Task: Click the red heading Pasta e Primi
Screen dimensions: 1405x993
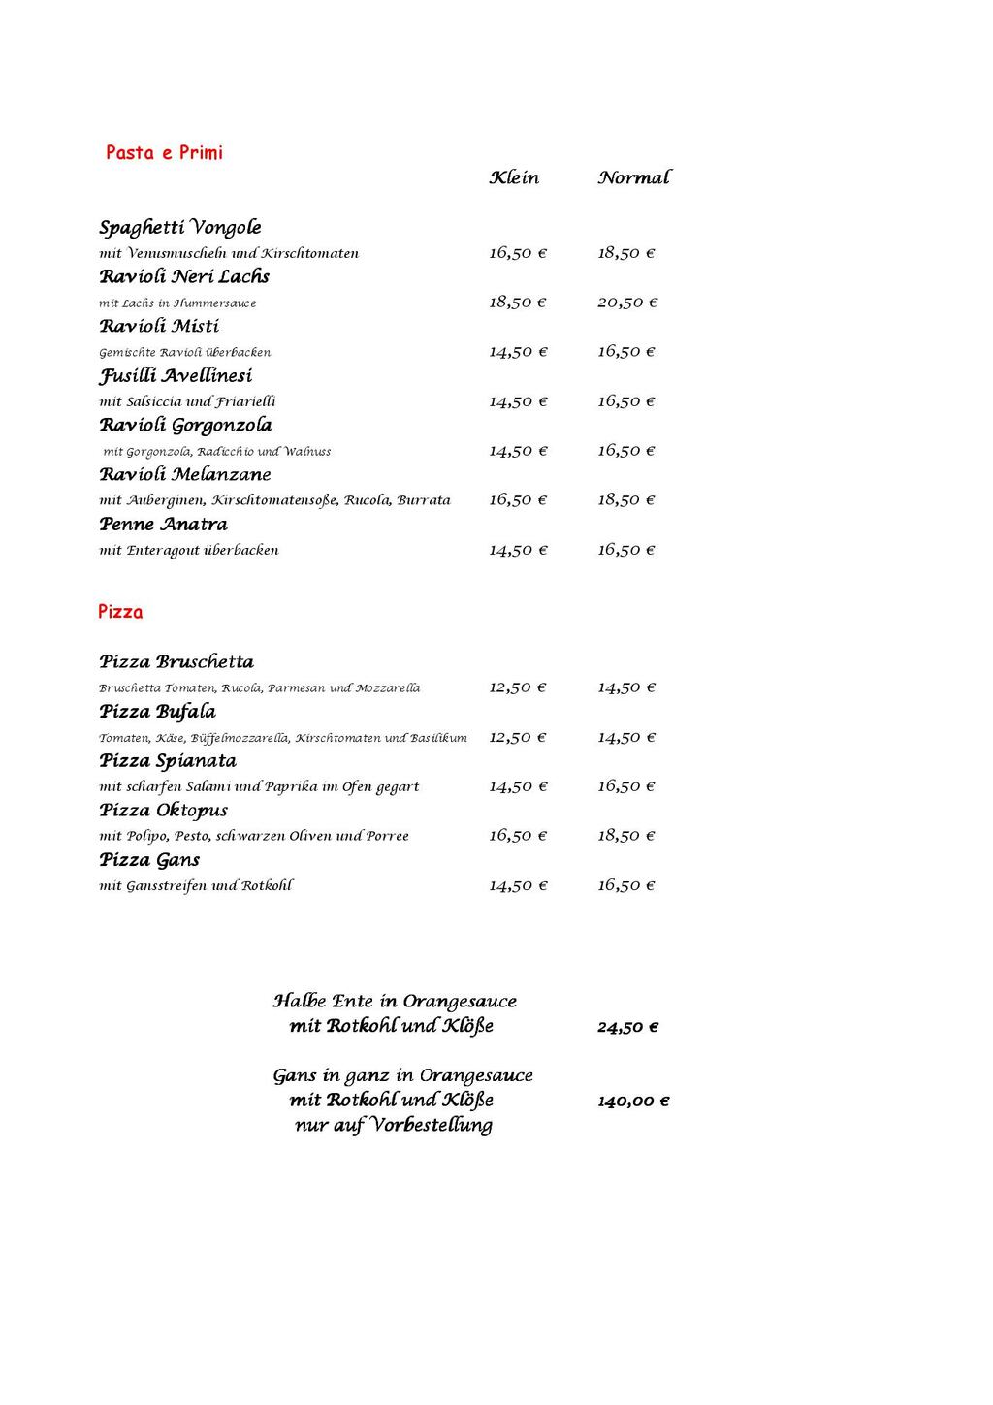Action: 164,152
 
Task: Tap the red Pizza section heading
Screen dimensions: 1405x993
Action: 120,612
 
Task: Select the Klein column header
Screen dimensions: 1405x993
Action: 514,177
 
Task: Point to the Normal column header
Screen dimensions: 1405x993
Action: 633,177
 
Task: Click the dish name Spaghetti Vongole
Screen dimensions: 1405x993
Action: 180,228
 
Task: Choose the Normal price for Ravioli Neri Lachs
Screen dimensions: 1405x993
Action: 627,303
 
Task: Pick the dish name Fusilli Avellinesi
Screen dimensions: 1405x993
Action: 176,376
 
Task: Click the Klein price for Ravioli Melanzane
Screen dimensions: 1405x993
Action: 518,500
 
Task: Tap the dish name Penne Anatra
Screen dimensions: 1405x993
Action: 163,525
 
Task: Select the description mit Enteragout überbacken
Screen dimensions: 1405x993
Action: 189,550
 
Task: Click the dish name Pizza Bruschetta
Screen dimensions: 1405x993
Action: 176,662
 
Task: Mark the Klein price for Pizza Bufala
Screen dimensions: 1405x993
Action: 518,738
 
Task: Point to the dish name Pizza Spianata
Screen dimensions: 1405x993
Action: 168,761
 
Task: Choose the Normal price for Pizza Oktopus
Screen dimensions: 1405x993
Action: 626,836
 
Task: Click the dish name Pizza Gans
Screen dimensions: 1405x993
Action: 149,860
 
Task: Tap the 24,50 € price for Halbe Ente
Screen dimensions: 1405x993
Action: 627,1027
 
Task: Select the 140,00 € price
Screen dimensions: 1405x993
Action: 633,1102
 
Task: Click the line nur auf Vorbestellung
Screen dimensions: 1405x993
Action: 394,1126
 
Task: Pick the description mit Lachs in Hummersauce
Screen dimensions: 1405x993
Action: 177,303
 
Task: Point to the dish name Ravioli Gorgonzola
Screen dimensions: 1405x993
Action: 185,426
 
